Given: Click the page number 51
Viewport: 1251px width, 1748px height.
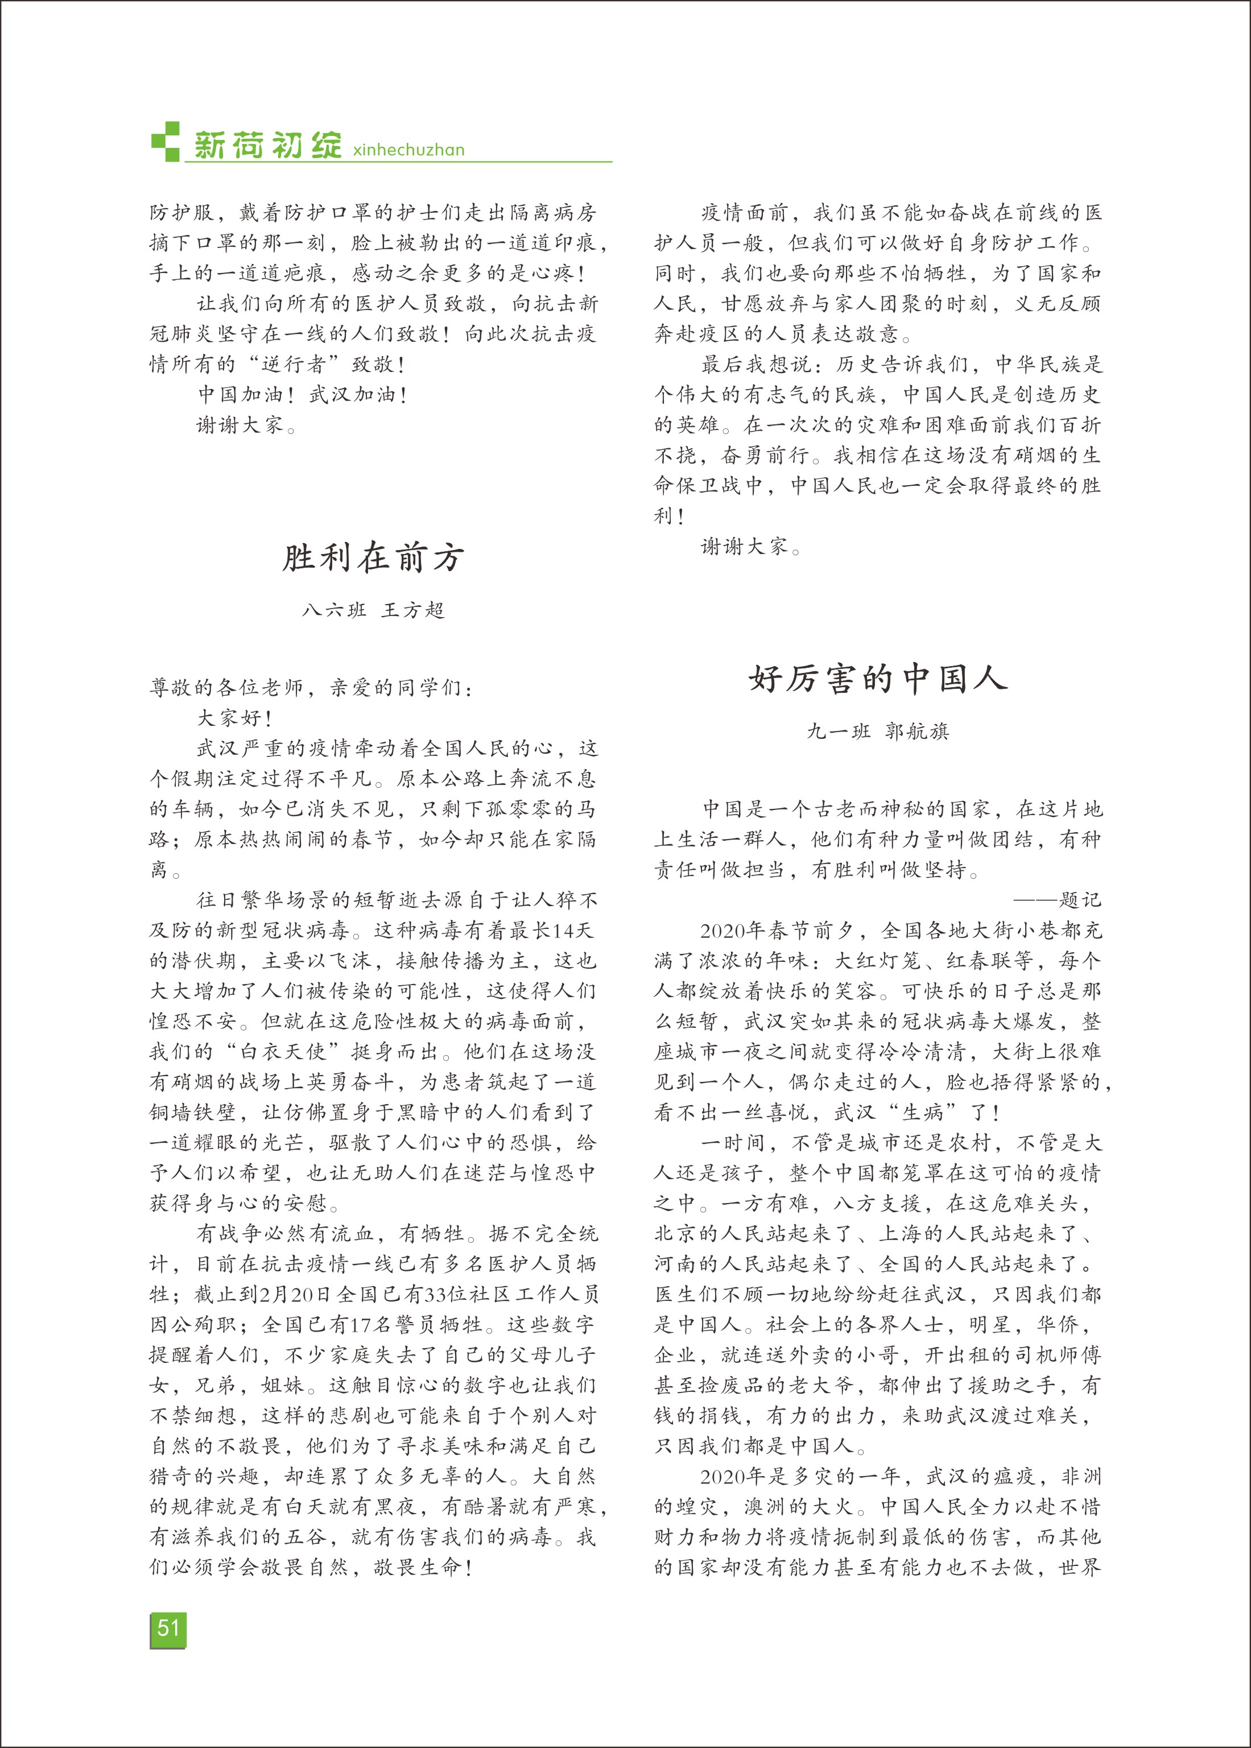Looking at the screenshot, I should pos(168,1629).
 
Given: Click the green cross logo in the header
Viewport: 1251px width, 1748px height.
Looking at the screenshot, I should pos(166,142).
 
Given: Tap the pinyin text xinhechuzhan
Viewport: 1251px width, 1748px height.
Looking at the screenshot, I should pos(408,150).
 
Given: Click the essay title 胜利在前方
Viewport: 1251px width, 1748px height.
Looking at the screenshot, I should pos(374,557).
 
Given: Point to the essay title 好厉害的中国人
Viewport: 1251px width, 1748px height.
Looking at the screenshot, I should pos(878,679).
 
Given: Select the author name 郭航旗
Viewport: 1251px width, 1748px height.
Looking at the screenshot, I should pos(916,731).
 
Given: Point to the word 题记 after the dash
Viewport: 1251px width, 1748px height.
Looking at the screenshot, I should pos(1080,899).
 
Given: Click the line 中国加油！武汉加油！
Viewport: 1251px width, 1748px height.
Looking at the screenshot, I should pos(303,394).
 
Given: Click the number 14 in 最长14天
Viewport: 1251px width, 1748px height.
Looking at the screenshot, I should pos(564,930).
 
